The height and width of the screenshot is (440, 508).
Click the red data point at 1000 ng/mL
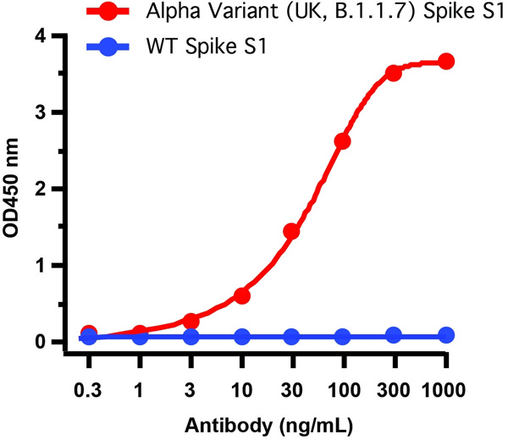pyautogui.click(x=446, y=62)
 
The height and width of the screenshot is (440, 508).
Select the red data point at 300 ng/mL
pyautogui.click(x=394, y=73)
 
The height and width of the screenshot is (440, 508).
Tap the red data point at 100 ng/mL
pyautogui.click(x=343, y=141)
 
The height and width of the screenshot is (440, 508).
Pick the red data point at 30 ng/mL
pyautogui.click(x=291, y=231)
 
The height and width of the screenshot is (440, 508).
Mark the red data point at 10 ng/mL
pyautogui.click(x=242, y=295)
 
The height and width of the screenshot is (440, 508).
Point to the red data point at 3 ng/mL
pyautogui.click(x=190, y=321)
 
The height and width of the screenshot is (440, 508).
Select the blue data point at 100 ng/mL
pyautogui.click(x=343, y=337)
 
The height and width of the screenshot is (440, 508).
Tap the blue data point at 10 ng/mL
pyautogui.click(x=242, y=337)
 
